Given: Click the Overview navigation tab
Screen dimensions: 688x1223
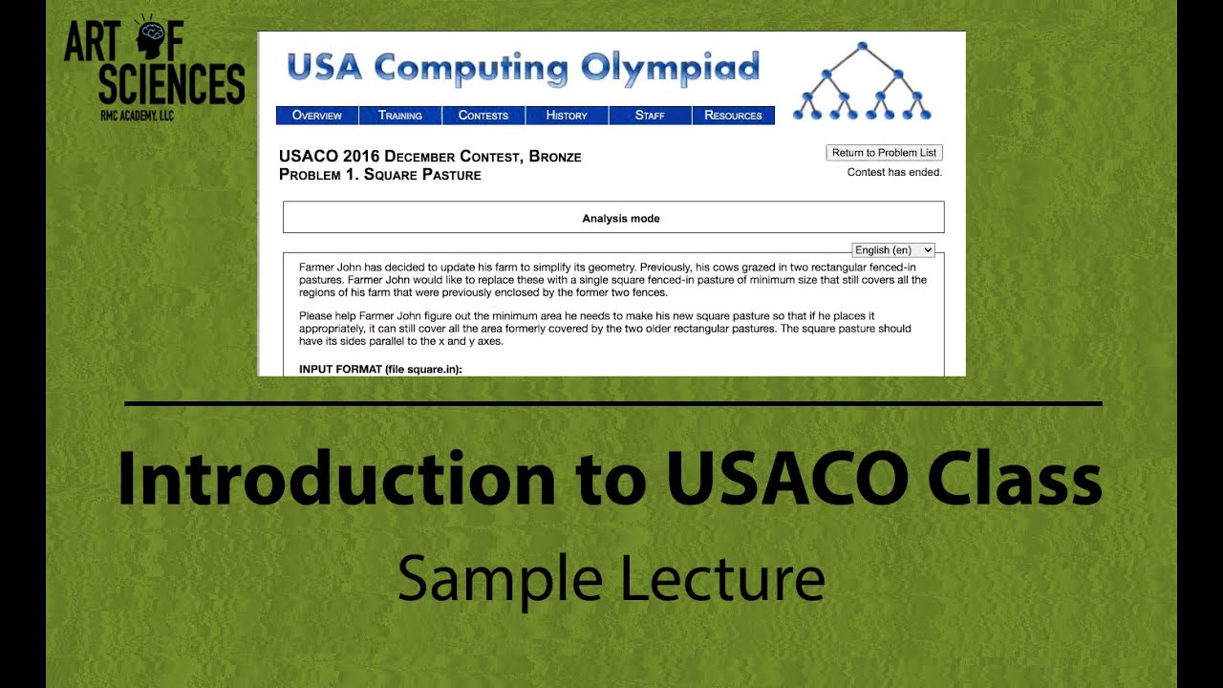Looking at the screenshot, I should point(316,116).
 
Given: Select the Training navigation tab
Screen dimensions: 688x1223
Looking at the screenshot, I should point(399,116).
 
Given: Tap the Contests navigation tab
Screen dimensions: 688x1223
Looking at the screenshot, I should point(483,116).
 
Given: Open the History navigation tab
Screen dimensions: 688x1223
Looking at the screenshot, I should point(567,116).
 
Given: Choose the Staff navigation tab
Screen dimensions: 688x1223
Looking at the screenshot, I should point(650,116).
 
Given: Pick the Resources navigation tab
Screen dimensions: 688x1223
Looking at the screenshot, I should point(733,116).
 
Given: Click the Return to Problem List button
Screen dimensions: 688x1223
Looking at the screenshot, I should point(884,153).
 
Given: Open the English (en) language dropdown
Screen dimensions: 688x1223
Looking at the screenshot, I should point(892,250).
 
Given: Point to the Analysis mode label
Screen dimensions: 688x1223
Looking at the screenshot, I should point(621,219).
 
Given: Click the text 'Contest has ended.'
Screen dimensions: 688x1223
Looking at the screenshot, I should point(894,173).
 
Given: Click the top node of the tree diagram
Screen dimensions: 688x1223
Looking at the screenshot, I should point(862,46).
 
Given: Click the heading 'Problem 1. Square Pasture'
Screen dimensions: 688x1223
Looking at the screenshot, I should point(380,175).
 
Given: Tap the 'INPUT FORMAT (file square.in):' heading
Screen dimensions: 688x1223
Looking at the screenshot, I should point(380,369).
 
